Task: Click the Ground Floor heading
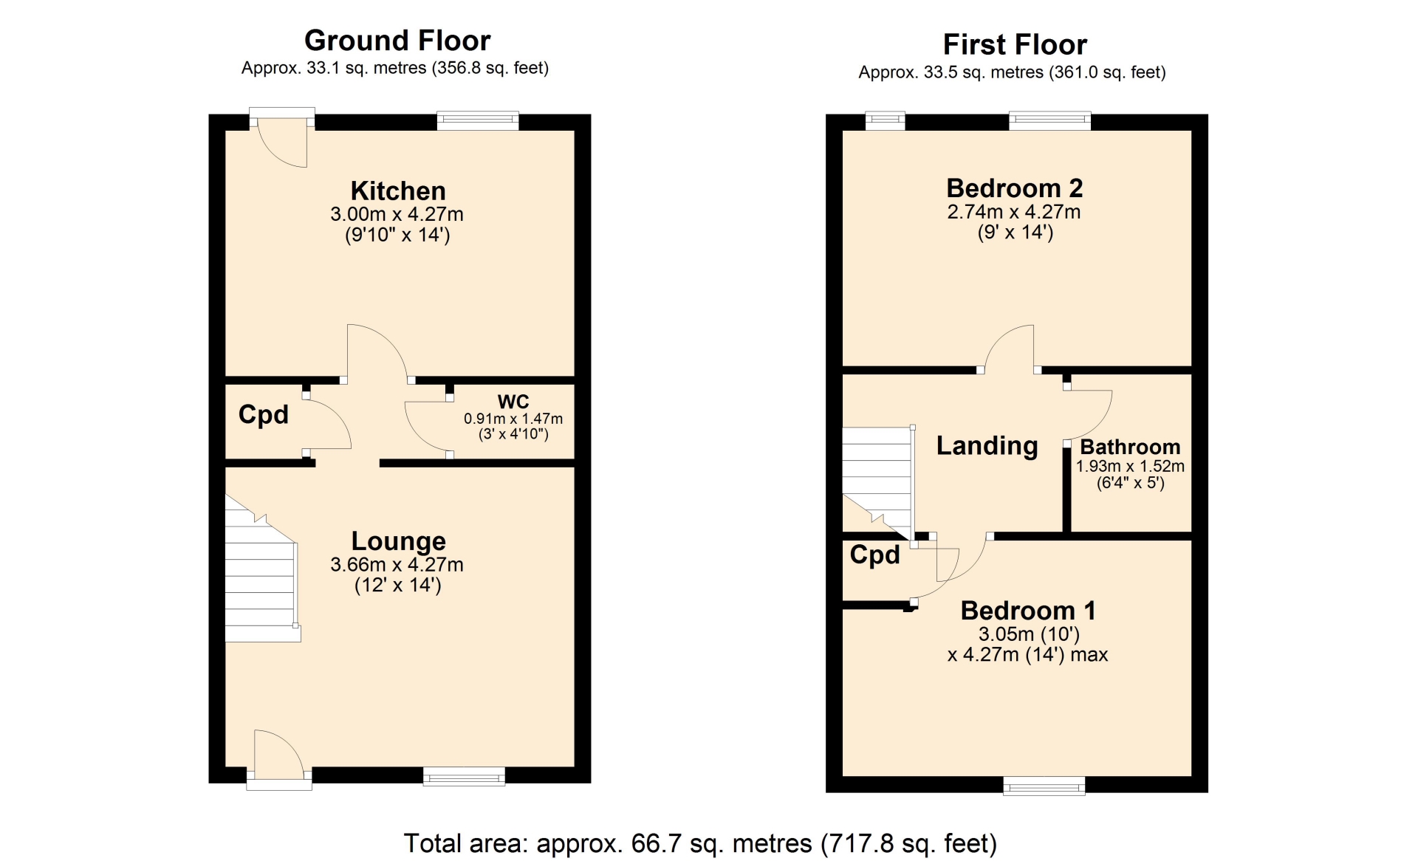click(x=397, y=41)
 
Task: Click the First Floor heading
click(x=1015, y=45)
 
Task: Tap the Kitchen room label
click(x=398, y=191)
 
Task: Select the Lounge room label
click(x=398, y=541)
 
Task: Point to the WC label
click(x=513, y=402)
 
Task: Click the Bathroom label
click(x=1130, y=447)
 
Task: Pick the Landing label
click(x=987, y=446)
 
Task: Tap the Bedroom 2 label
click(x=1015, y=188)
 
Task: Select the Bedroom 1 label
click(x=1028, y=611)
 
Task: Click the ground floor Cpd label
click(x=264, y=415)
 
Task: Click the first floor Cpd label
click(x=875, y=555)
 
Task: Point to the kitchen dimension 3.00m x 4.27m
click(x=397, y=215)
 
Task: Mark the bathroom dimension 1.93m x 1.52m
click(x=1130, y=467)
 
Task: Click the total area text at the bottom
click(x=700, y=843)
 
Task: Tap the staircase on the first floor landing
click(x=878, y=484)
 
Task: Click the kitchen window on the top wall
click(x=478, y=120)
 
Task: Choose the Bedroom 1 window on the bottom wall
click(x=1044, y=786)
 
